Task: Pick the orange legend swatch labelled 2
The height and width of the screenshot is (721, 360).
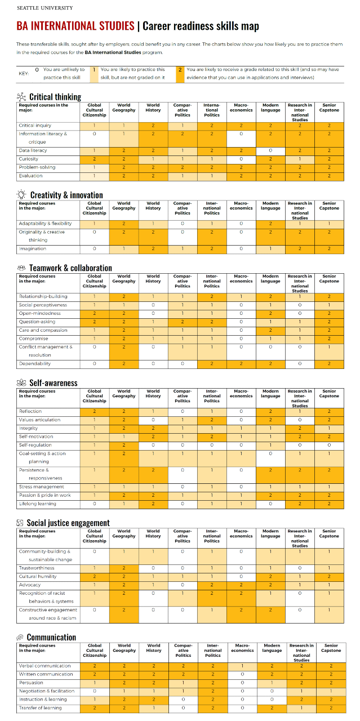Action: [x=179, y=73]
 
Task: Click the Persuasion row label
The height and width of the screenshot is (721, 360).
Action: [x=31, y=682]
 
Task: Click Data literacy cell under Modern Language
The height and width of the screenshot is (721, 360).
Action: [x=270, y=150]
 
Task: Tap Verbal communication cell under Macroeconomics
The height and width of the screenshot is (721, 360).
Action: [x=241, y=666]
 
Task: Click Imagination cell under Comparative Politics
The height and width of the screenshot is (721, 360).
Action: [x=183, y=248]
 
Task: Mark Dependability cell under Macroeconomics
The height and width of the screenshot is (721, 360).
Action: [x=241, y=364]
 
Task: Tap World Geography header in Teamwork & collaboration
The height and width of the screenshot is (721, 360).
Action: [x=124, y=278]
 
